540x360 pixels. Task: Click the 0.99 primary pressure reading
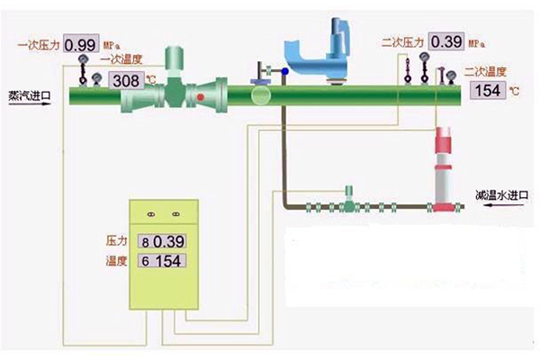click(x=80, y=43)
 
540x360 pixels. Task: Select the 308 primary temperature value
click(x=125, y=79)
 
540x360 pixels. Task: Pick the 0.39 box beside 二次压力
click(x=445, y=41)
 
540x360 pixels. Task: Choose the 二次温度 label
click(x=487, y=71)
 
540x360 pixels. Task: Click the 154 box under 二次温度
click(x=487, y=91)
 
